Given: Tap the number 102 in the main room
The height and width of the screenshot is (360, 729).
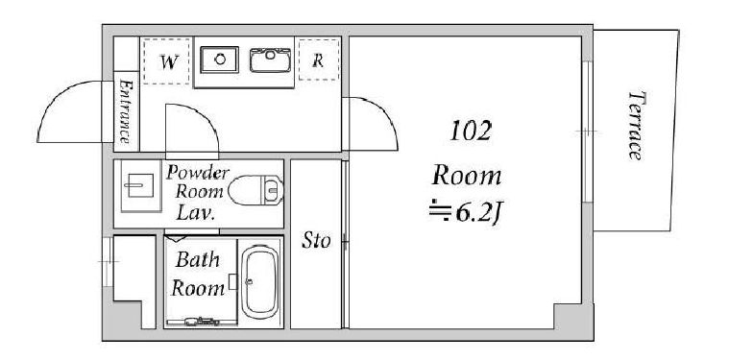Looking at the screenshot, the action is pos(471,131).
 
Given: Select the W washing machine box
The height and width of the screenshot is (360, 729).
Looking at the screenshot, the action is pos(167,61).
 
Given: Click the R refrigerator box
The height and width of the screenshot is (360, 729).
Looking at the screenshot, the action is pos(319,60).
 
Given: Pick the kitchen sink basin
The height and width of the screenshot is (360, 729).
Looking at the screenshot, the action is pos(270,60).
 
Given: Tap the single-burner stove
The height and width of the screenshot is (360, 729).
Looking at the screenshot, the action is pos(219,60).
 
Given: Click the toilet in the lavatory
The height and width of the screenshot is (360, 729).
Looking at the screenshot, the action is pos(255,189).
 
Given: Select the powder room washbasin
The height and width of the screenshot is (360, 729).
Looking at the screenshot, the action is pos(141,185).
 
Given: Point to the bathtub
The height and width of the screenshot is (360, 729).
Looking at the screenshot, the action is pos(260,282).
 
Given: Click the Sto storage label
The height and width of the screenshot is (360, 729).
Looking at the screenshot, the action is pos(316,241).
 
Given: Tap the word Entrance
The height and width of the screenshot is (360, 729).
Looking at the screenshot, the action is pos(125,111).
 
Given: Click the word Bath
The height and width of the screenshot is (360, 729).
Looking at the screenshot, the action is pos(197,260).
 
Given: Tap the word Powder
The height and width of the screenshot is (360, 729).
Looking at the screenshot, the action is pos(198,173).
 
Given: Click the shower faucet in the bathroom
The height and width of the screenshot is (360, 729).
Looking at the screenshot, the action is pos(202,321).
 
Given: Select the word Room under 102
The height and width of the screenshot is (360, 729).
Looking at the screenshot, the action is pos(467,177).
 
